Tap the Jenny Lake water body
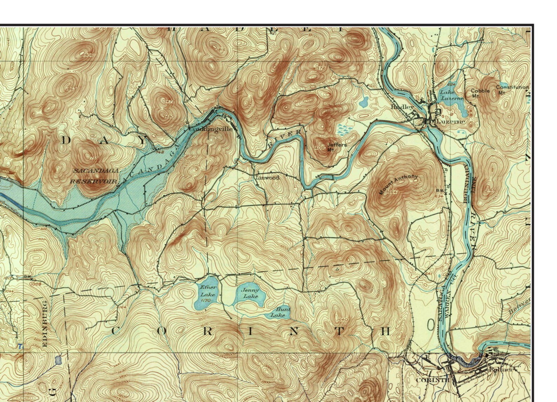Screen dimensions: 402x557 [x=250, y=294]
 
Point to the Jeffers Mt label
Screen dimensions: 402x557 [x=336, y=147]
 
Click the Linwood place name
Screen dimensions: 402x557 [x=267, y=178]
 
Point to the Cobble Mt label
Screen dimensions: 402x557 [x=480, y=93]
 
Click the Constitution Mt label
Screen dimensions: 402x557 [x=512, y=89]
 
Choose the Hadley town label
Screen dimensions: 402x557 [x=402, y=107]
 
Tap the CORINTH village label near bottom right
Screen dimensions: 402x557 [x=432, y=380]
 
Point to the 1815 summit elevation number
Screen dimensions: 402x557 [x=221, y=50]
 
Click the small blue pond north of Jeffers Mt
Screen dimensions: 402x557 [x=364, y=102]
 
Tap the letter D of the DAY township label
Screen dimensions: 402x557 [x=66, y=141]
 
